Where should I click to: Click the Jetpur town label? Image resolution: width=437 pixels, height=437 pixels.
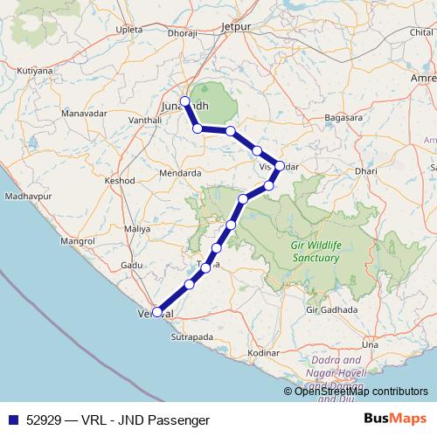[x=236, y=26]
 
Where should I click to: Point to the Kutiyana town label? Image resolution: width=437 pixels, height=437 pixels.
[x=34, y=68]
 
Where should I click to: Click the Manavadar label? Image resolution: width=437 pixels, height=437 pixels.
[x=84, y=114]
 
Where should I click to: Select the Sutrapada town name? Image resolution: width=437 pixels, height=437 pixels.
[x=191, y=335]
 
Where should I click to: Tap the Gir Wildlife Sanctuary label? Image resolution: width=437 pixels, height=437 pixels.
[x=315, y=251]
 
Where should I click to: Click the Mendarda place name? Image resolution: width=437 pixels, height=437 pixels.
[x=180, y=173]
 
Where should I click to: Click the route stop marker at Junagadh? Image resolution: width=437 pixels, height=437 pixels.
[x=184, y=101]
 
